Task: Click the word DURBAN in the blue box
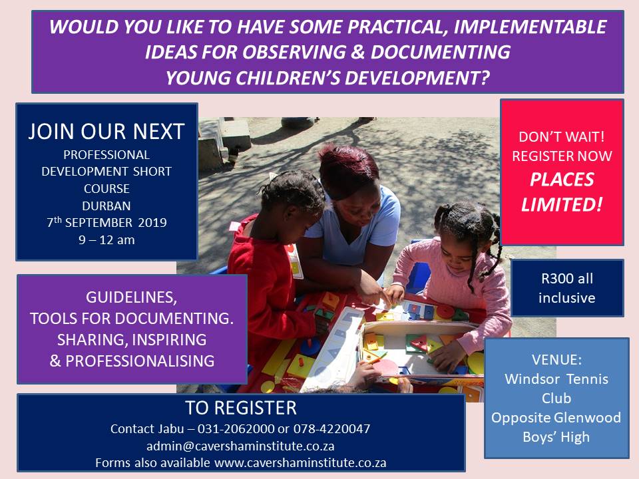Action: pyautogui.click(x=106, y=206)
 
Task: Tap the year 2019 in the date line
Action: pyautogui.click(x=152, y=222)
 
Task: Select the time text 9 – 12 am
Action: pyautogui.click(x=106, y=240)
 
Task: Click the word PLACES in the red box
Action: pyautogui.click(x=562, y=180)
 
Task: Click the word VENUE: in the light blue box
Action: pyautogui.click(x=556, y=360)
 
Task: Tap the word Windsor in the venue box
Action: pyautogui.click(x=530, y=379)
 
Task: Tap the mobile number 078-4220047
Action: pyautogui.click(x=331, y=428)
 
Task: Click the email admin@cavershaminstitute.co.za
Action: pyautogui.click(x=240, y=446)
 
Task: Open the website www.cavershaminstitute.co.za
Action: pyautogui.click(x=300, y=463)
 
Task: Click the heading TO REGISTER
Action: pyautogui.click(x=241, y=408)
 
